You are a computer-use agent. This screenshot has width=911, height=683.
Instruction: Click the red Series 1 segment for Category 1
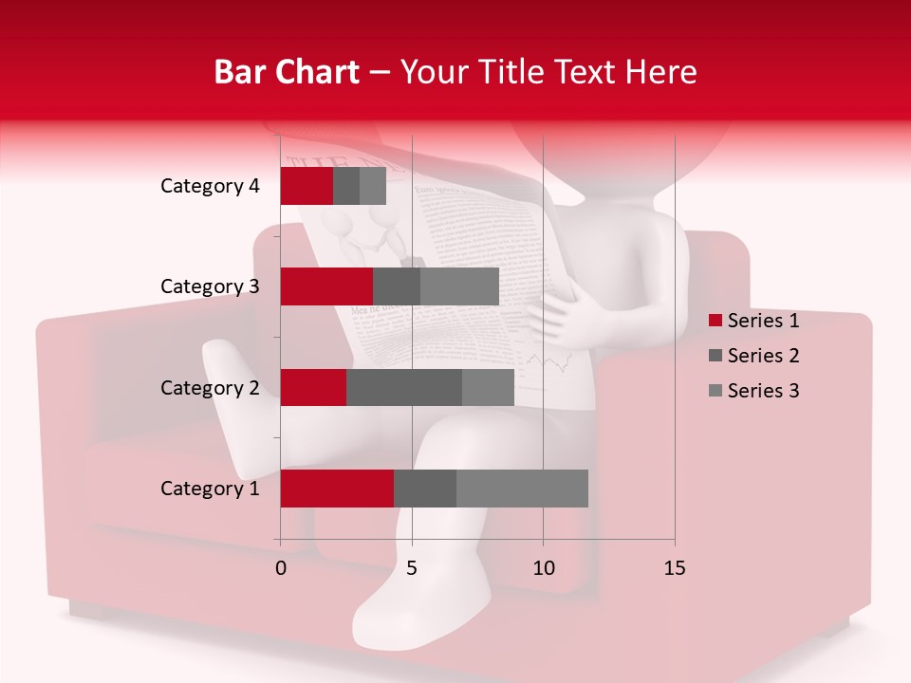(337, 489)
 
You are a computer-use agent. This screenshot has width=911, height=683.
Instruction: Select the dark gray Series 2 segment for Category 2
(404, 387)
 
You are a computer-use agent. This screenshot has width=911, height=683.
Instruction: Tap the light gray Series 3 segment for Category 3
(459, 286)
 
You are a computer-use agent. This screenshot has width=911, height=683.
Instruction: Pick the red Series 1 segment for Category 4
(307, 186)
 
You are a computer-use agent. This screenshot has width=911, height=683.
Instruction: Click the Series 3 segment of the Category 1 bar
(522, 489)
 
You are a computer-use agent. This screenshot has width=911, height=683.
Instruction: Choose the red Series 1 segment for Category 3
(326, 286)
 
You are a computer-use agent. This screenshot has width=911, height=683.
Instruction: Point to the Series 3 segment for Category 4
(373, 186)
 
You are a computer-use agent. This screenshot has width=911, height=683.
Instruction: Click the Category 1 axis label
(210, 489)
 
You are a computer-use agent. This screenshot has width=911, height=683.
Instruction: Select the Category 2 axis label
(210, 388)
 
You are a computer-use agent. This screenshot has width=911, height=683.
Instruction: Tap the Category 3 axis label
(210, 286)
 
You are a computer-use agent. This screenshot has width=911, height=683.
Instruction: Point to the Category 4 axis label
(210, 186)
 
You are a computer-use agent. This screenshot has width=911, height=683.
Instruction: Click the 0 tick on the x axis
(281, 568)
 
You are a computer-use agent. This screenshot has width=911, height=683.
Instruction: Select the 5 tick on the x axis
(412, 568)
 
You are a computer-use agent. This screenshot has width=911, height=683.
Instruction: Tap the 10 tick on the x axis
(543, 568)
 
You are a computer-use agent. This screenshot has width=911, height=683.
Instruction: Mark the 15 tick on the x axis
(675, 568)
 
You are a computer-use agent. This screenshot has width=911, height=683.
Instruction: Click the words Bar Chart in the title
(287, 72)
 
